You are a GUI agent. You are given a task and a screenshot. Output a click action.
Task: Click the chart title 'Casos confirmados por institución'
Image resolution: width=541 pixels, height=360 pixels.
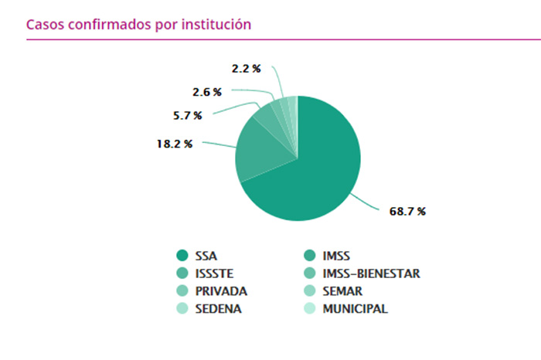point(139,24)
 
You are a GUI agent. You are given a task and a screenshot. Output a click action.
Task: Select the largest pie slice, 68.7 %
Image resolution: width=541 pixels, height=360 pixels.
point(317,170)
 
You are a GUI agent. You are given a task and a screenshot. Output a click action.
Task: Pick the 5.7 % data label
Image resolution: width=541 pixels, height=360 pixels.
point(187,116)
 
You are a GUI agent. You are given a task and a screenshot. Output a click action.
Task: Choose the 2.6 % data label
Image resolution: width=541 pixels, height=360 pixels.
point(206,92)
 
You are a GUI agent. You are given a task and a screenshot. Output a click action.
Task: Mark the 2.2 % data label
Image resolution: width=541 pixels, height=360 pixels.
point(246,68)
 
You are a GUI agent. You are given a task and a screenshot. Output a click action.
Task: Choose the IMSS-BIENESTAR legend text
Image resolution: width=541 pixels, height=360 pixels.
point(370,273)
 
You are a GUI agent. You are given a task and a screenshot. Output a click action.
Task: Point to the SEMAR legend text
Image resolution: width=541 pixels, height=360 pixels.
point(342,291)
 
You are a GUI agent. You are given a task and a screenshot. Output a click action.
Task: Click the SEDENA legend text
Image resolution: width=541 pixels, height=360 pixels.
point(219,309)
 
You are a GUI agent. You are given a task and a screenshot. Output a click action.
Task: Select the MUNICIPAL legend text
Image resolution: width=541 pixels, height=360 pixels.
point(355,309)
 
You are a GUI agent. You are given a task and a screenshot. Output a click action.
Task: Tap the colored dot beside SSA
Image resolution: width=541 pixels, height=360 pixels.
point(183,255)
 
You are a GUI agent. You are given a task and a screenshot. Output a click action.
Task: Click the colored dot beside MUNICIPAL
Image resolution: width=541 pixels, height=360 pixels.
point(309,309)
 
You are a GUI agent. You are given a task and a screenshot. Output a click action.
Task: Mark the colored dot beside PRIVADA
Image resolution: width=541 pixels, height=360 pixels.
point(183,291)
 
